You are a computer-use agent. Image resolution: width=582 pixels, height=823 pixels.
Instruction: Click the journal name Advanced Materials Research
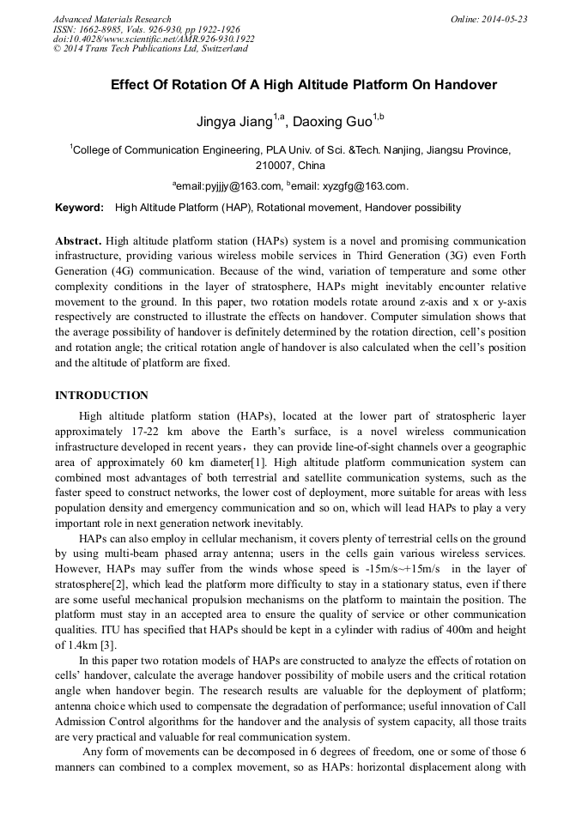112,19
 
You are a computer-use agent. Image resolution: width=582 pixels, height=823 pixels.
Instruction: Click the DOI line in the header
154,39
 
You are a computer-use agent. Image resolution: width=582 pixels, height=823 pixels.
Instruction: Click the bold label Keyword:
79,208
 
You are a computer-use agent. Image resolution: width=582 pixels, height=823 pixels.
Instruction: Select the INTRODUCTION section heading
101,396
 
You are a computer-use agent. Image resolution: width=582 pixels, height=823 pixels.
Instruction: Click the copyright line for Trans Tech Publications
150,49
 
